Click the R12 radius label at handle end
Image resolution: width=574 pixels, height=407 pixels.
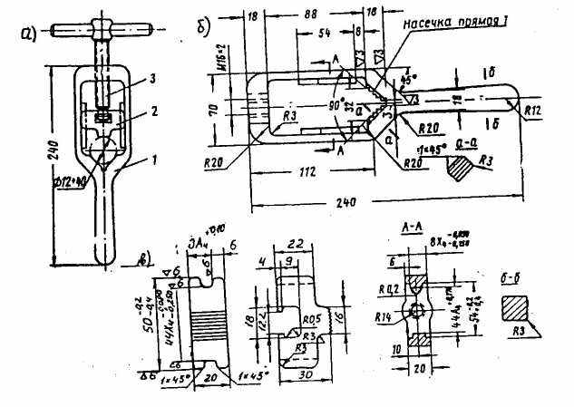[x=536, y=109]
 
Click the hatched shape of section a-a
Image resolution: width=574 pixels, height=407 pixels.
[x=459, y=167]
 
